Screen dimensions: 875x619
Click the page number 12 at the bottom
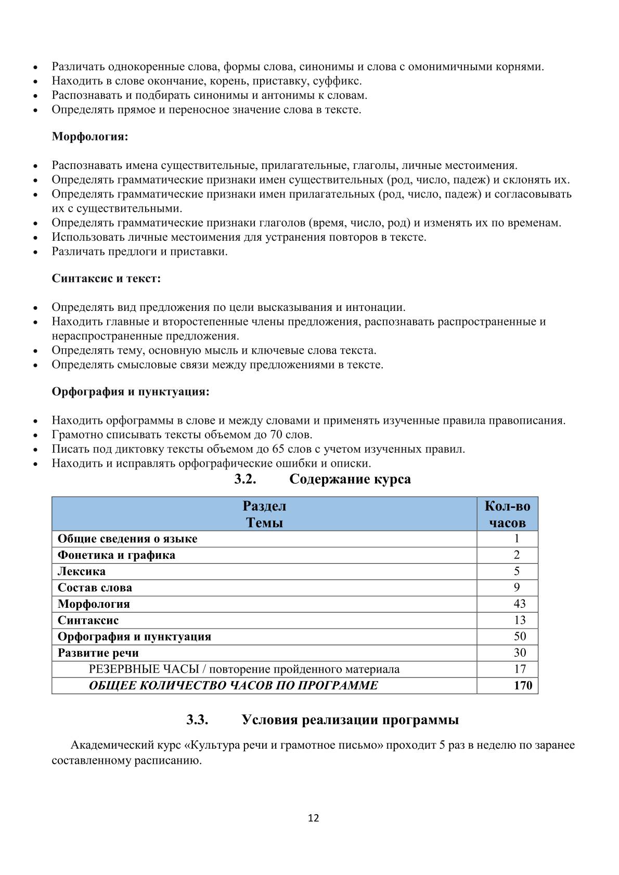pos(313,818)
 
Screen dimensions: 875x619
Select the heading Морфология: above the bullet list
pos(89,137)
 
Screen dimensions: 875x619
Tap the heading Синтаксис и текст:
pos(106,278)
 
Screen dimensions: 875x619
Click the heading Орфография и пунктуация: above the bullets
pos(130,391)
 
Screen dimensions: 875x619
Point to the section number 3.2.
pos(245,479)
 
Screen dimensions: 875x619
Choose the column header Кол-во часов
pos(507,514)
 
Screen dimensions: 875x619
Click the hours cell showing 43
pos(519,604)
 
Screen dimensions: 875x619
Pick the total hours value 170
pos(523,685)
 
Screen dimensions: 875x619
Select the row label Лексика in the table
pos(82,571)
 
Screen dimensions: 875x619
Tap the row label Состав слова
pos(95,587)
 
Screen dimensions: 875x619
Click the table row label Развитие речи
pos(98,652)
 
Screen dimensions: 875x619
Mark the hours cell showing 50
pos(519,636)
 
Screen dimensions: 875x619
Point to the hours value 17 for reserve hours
pos(519,669)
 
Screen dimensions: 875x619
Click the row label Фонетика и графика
pos(116,555)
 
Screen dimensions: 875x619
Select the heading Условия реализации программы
pos(350,720)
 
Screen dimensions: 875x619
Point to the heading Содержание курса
pos(350,479)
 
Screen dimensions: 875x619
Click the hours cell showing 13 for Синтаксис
pos(519,620)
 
